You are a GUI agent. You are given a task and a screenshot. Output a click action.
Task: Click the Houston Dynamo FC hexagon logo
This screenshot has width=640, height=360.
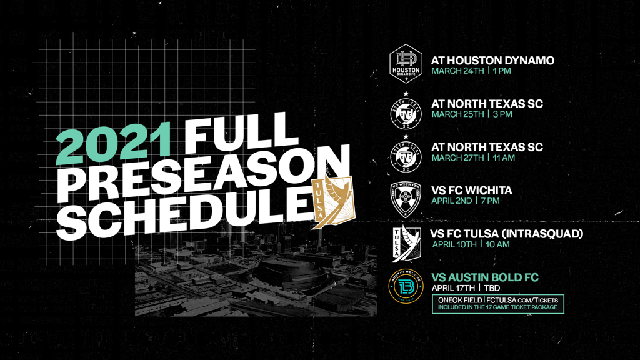406,64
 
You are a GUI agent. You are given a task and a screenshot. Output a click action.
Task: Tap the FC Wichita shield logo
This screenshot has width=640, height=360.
406,199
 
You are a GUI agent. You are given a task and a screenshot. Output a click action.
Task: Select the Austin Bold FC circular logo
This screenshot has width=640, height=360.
406,286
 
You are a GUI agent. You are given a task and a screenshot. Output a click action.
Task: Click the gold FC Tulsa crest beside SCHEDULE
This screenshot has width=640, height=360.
333,201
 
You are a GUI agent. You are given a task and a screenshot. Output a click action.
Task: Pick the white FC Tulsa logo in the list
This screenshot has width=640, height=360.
406,244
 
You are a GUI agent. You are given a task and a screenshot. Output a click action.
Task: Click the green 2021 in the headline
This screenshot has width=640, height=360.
113,142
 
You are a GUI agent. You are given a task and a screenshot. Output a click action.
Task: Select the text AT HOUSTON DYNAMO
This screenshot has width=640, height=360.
492,61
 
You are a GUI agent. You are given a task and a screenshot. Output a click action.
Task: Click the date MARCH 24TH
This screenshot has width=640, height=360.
458,71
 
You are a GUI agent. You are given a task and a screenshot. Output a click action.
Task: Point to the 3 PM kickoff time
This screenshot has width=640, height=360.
502,114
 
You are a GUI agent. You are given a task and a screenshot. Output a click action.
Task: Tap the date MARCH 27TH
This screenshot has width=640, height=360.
458,157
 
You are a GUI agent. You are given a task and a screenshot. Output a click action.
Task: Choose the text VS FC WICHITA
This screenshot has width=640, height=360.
471,190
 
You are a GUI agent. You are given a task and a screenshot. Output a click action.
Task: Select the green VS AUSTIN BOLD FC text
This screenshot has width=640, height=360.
485,277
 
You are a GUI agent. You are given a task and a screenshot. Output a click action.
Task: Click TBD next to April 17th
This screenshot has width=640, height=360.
492,288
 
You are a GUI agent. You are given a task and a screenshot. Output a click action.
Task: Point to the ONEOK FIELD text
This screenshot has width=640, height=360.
460,301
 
